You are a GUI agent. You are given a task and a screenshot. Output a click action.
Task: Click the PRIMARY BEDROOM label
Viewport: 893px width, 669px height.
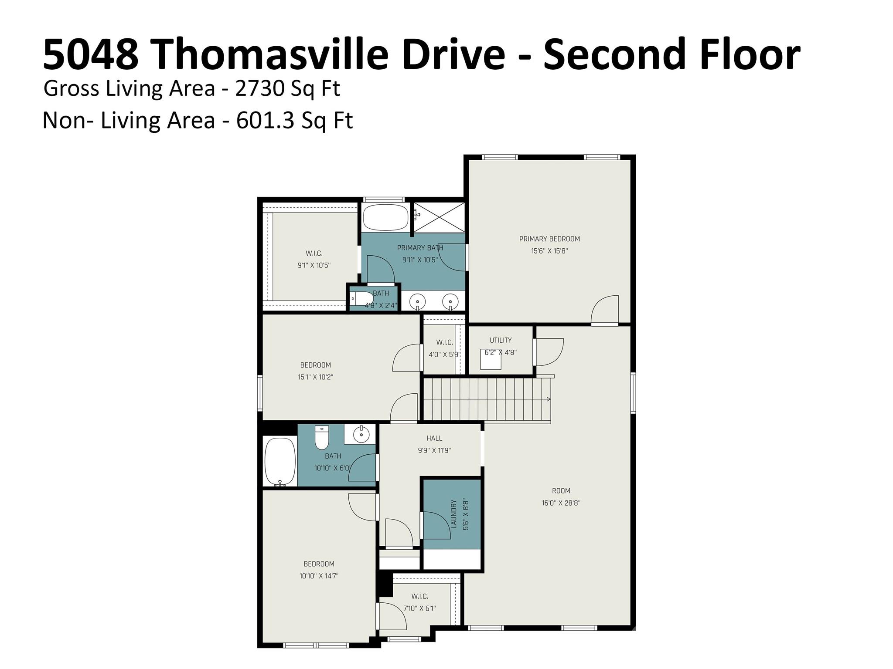coord(549,239)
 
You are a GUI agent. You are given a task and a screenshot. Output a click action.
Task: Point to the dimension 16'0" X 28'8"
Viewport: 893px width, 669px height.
coord(561,503)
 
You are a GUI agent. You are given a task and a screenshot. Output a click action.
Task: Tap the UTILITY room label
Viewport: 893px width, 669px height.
coord(501,340)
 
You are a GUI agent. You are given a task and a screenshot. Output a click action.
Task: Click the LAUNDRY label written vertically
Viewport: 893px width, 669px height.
coord(453,514)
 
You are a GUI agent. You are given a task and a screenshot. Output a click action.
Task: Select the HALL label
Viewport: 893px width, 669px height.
coord(434,438)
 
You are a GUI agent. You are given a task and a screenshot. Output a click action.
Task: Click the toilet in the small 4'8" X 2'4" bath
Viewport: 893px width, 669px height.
coord(360,299)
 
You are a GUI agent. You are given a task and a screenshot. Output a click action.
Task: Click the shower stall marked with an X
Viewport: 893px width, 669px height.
coord(439,217)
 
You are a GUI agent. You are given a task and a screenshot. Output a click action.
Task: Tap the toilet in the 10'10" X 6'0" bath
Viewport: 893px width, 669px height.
coord(322,438)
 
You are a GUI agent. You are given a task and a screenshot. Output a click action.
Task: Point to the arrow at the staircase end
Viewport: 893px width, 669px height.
coord(548,399)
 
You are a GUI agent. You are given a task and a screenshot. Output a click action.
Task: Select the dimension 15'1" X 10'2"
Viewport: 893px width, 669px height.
coord(316,377)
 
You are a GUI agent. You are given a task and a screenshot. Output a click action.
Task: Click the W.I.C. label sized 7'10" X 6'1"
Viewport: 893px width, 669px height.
coord(419,596)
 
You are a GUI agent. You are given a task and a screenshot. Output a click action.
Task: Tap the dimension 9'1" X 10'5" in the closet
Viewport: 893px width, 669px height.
coord(314,265)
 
